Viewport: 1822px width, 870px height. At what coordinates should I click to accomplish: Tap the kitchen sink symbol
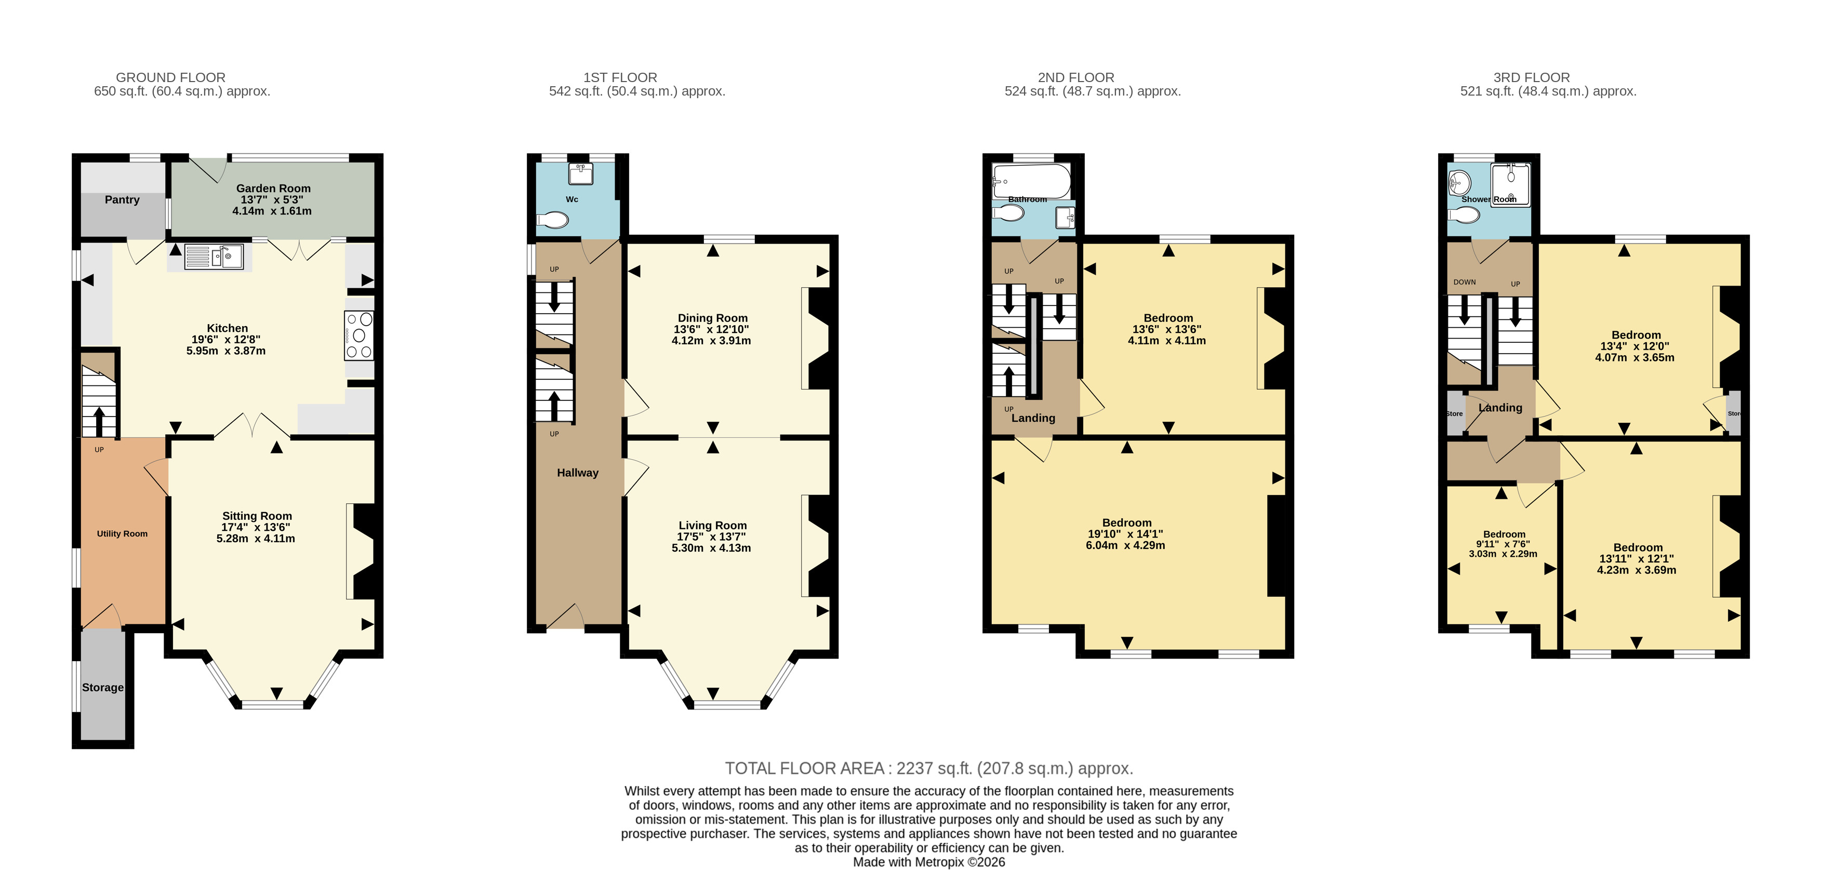[x=214, y=256]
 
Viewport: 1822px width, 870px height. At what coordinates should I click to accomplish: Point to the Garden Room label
[x=273, y=188]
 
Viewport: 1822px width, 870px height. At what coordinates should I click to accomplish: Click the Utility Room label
[x=123, y=533]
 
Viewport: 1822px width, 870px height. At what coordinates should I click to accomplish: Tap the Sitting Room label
[x=257, y=516]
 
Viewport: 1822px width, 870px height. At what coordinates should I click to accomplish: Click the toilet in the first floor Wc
[x=552, y=221]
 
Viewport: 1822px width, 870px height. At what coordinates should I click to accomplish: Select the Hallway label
[x=577, y=473]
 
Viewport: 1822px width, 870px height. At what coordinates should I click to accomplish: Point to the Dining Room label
[x=712, y=317]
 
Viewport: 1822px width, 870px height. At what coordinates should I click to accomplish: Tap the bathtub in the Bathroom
[x=1031, y=181]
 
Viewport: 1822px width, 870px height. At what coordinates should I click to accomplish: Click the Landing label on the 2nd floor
[x=1033, y=418]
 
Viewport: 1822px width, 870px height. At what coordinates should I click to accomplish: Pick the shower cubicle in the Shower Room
[x=1510, y=184]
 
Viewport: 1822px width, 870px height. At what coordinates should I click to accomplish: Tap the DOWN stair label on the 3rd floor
[x=1464, y=282]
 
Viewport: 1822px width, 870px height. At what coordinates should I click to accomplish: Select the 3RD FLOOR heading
[x=1531, y=77]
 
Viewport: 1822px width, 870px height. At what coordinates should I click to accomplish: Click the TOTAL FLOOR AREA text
[x=929, y=768]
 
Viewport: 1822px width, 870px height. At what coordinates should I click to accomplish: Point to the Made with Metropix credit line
[x=929, y=862]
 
